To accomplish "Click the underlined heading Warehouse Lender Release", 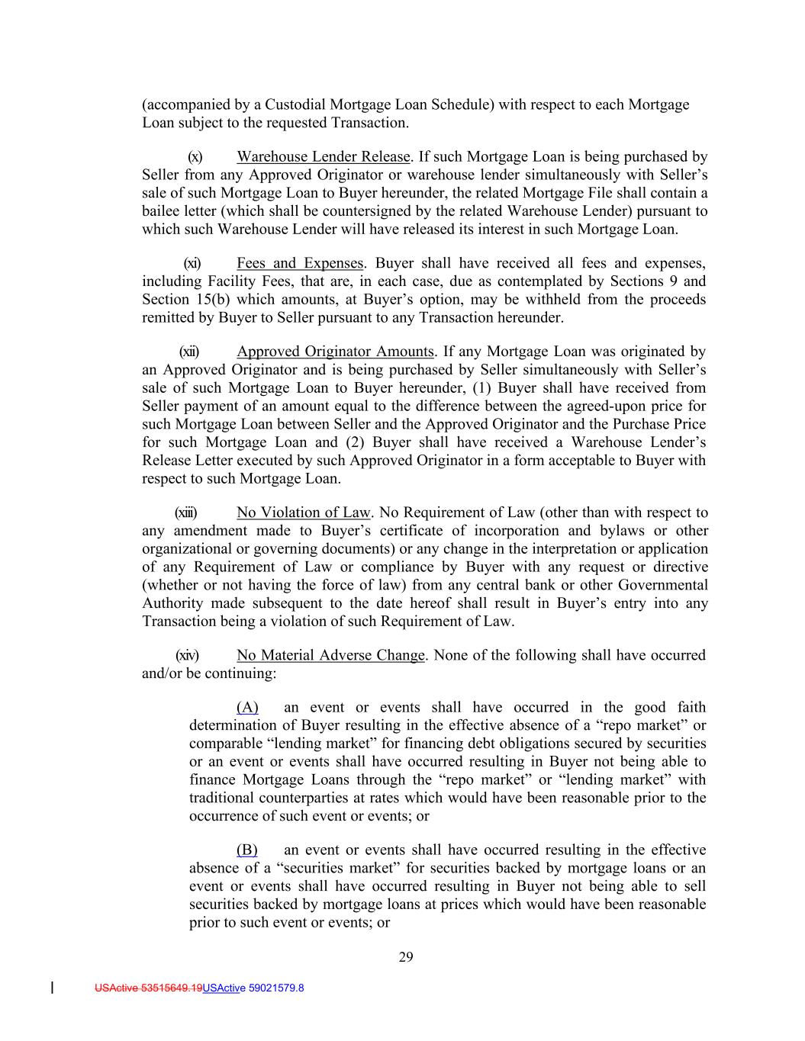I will point(324,157).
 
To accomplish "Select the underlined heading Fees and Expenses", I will point(300,263).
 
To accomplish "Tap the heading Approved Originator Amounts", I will point(336,352).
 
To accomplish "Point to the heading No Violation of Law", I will point(304,512).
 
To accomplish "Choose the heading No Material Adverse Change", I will point(330,655).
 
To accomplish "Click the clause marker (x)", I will point(195,157).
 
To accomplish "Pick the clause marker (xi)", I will point(192,263).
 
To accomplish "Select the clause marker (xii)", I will point(188,352).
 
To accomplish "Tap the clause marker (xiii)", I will point(185,512).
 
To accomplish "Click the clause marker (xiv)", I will point(187,655).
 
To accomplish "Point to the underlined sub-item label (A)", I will point(247,707).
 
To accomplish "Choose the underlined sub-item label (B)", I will point(247,850).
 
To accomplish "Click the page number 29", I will point(406,958).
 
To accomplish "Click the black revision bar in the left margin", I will point(52,988).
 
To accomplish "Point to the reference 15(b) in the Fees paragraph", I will point(209,300).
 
